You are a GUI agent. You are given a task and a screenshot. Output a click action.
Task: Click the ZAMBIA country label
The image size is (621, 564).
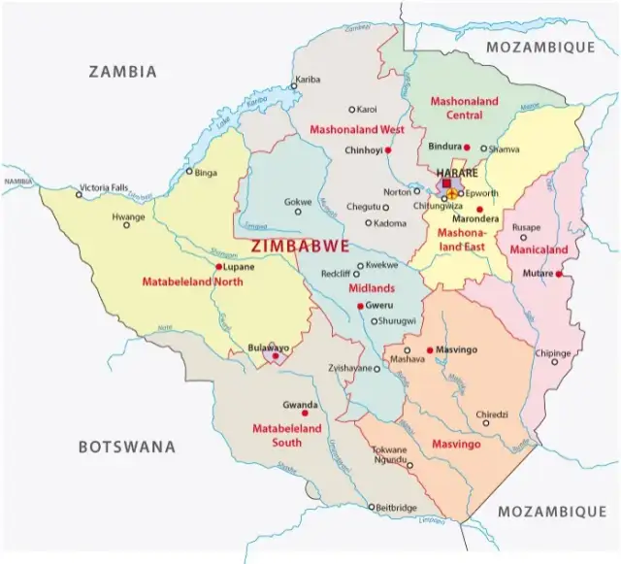pos(122,72)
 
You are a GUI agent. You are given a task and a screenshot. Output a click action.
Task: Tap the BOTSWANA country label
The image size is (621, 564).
pos(127,448)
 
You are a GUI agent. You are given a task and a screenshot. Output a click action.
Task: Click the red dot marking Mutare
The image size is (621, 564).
pos(560,275)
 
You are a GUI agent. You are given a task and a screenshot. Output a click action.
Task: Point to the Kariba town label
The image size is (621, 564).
pos(308,79)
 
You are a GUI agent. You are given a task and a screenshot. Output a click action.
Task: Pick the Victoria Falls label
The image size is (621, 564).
pos(104,186)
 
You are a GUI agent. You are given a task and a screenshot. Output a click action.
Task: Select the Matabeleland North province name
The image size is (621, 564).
pos(191,282)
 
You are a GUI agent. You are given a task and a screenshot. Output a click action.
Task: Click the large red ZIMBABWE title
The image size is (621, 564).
pos(300,247)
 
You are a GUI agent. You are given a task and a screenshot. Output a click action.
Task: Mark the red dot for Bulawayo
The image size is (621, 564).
pos(276,356)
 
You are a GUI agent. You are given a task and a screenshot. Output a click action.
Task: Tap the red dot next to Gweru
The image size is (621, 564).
pos(360,307)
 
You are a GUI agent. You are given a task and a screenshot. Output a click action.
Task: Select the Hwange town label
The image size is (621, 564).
pos(127,216)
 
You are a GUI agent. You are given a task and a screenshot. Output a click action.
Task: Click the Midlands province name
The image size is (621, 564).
pos(373,288)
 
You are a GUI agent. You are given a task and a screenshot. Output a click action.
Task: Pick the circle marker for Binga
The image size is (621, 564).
pos(189,172)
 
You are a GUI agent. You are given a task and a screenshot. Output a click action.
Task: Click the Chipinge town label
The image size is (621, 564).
pos(553,354)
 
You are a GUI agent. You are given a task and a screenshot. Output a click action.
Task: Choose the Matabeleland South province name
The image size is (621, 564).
pos(278,434)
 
